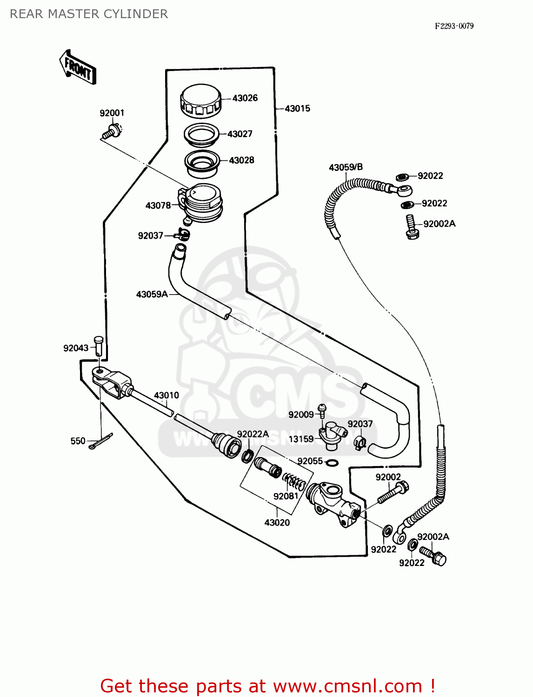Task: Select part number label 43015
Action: (x=297, y=108)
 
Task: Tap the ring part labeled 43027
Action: (x=201, y=134)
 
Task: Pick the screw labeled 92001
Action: (x=111, y=132)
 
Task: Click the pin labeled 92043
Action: (x=98, y=346)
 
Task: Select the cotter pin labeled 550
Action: (x=101, y=441)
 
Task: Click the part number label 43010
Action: (x=166, y=395)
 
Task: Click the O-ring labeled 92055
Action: (x=332, y=462)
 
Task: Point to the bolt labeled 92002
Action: (x=393, y=494)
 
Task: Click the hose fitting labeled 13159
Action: (x=332, y=435)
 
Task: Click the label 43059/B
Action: (x=346, y=167)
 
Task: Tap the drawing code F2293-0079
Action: (x=454, y=26)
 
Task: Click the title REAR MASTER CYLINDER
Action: (x=89, y=14)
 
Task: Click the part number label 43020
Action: (x=277, y=522)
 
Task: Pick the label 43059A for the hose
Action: (x=152, y=294)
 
